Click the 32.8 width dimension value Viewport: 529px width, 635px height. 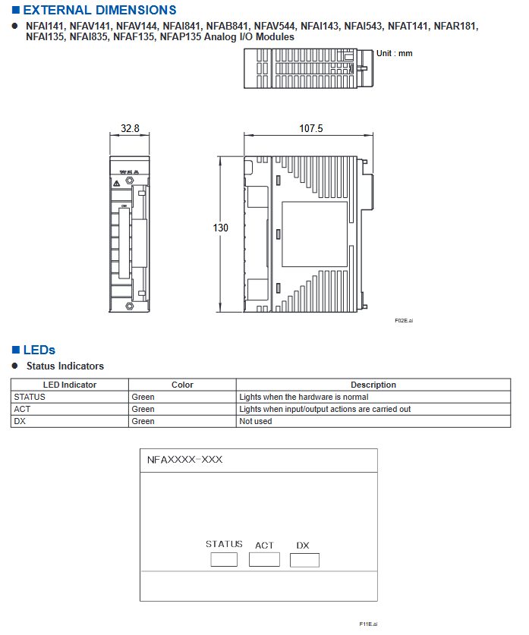point(130,128)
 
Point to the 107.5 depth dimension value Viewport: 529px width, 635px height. point(310,128)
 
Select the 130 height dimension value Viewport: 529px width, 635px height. point(220,228)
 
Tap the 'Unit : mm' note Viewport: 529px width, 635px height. point(394,53)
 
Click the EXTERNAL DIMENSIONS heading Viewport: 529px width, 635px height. point(99,10)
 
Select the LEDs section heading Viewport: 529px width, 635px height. point(39,350)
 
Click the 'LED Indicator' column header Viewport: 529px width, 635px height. point(70,385)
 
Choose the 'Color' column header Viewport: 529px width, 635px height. point(182,385)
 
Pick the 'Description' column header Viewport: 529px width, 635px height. point(373,385)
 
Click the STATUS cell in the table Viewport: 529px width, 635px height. point(30,397)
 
